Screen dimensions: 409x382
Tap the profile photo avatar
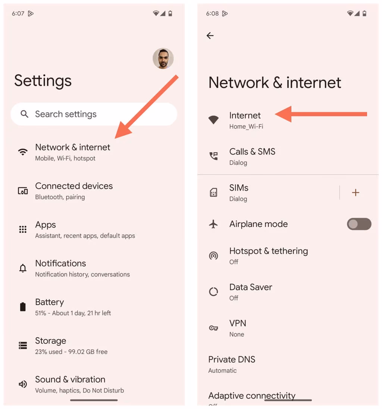163,59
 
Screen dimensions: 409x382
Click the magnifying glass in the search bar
25,114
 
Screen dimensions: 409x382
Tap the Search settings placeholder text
66,114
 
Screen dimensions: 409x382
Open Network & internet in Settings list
73,147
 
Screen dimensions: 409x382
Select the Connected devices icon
23,191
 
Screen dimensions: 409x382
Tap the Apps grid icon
23,230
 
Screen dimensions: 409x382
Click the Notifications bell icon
23,268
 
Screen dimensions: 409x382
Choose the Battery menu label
50,302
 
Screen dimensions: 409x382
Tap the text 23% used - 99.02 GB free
71,352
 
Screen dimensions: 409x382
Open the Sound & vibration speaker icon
23,384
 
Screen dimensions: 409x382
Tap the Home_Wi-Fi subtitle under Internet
246,127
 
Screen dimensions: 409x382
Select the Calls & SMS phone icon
213,156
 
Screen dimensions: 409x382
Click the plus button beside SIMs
356,193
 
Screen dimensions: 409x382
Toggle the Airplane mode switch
359,224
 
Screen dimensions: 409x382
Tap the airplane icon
213,224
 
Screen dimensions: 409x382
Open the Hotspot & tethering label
269,251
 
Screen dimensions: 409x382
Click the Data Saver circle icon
213,292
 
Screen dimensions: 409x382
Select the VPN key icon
213,328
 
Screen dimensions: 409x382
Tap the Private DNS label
232,359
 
